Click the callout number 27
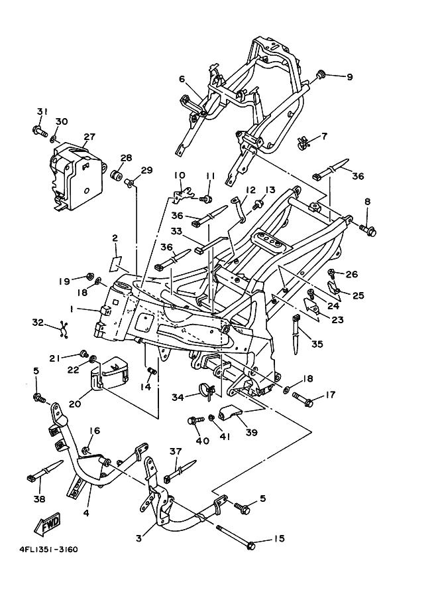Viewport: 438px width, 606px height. pos(89,137)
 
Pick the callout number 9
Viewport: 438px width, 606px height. pos(349,77)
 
